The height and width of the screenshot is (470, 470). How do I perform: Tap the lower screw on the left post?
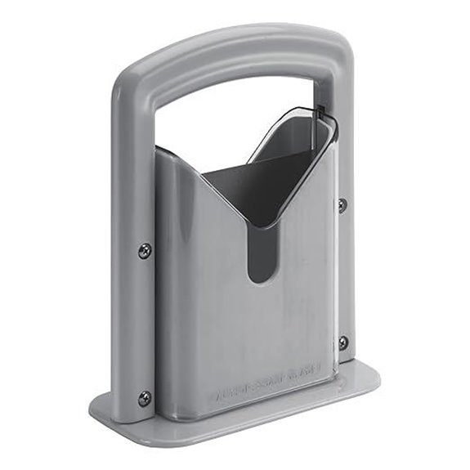coord(145,398)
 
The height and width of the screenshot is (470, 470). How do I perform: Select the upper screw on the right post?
coord(342,204)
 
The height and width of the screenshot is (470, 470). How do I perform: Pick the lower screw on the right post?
coord(342,342)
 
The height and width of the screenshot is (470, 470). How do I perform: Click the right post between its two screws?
coord(342,274)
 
